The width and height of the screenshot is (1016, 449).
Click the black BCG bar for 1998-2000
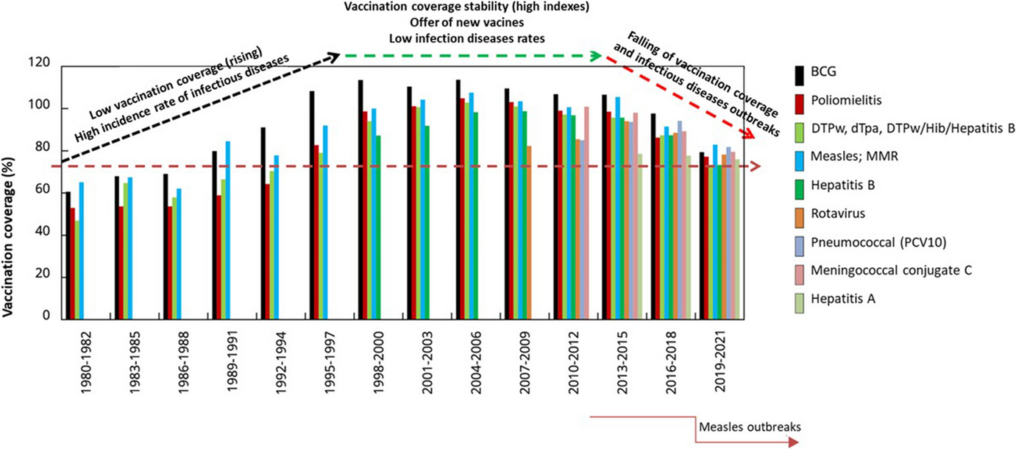pyautogui.click(x=360, y=199)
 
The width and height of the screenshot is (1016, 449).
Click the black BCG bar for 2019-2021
pyautogui.click(x=702, y=236)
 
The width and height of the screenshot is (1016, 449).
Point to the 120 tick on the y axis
pyautogui.click(x=45, y=67)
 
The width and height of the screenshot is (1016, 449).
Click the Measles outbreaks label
pyautogui.click(x=749, y=426)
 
